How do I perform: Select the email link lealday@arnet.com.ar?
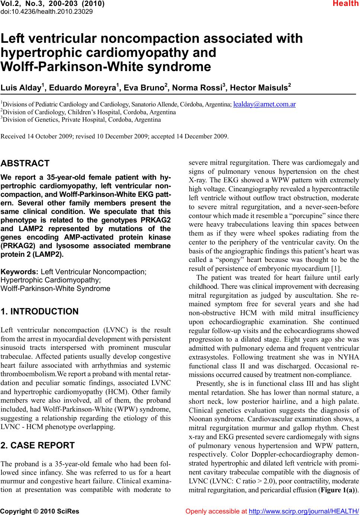point(264,104)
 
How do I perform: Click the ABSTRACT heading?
point(25,163)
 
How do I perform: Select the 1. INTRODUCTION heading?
point(40,311)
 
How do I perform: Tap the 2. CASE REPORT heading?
point(38,445)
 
